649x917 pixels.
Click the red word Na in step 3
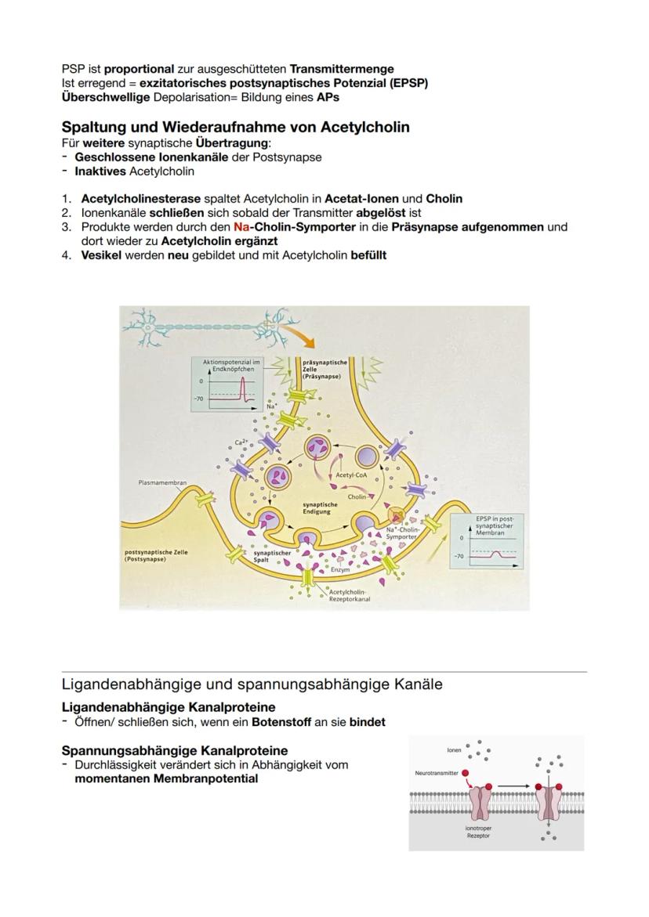241,227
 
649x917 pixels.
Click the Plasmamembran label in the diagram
163,483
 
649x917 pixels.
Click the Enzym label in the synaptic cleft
340,570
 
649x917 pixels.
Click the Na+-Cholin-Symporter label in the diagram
404,533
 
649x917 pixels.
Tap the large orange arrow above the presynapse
299,336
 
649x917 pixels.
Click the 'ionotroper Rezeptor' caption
479,831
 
